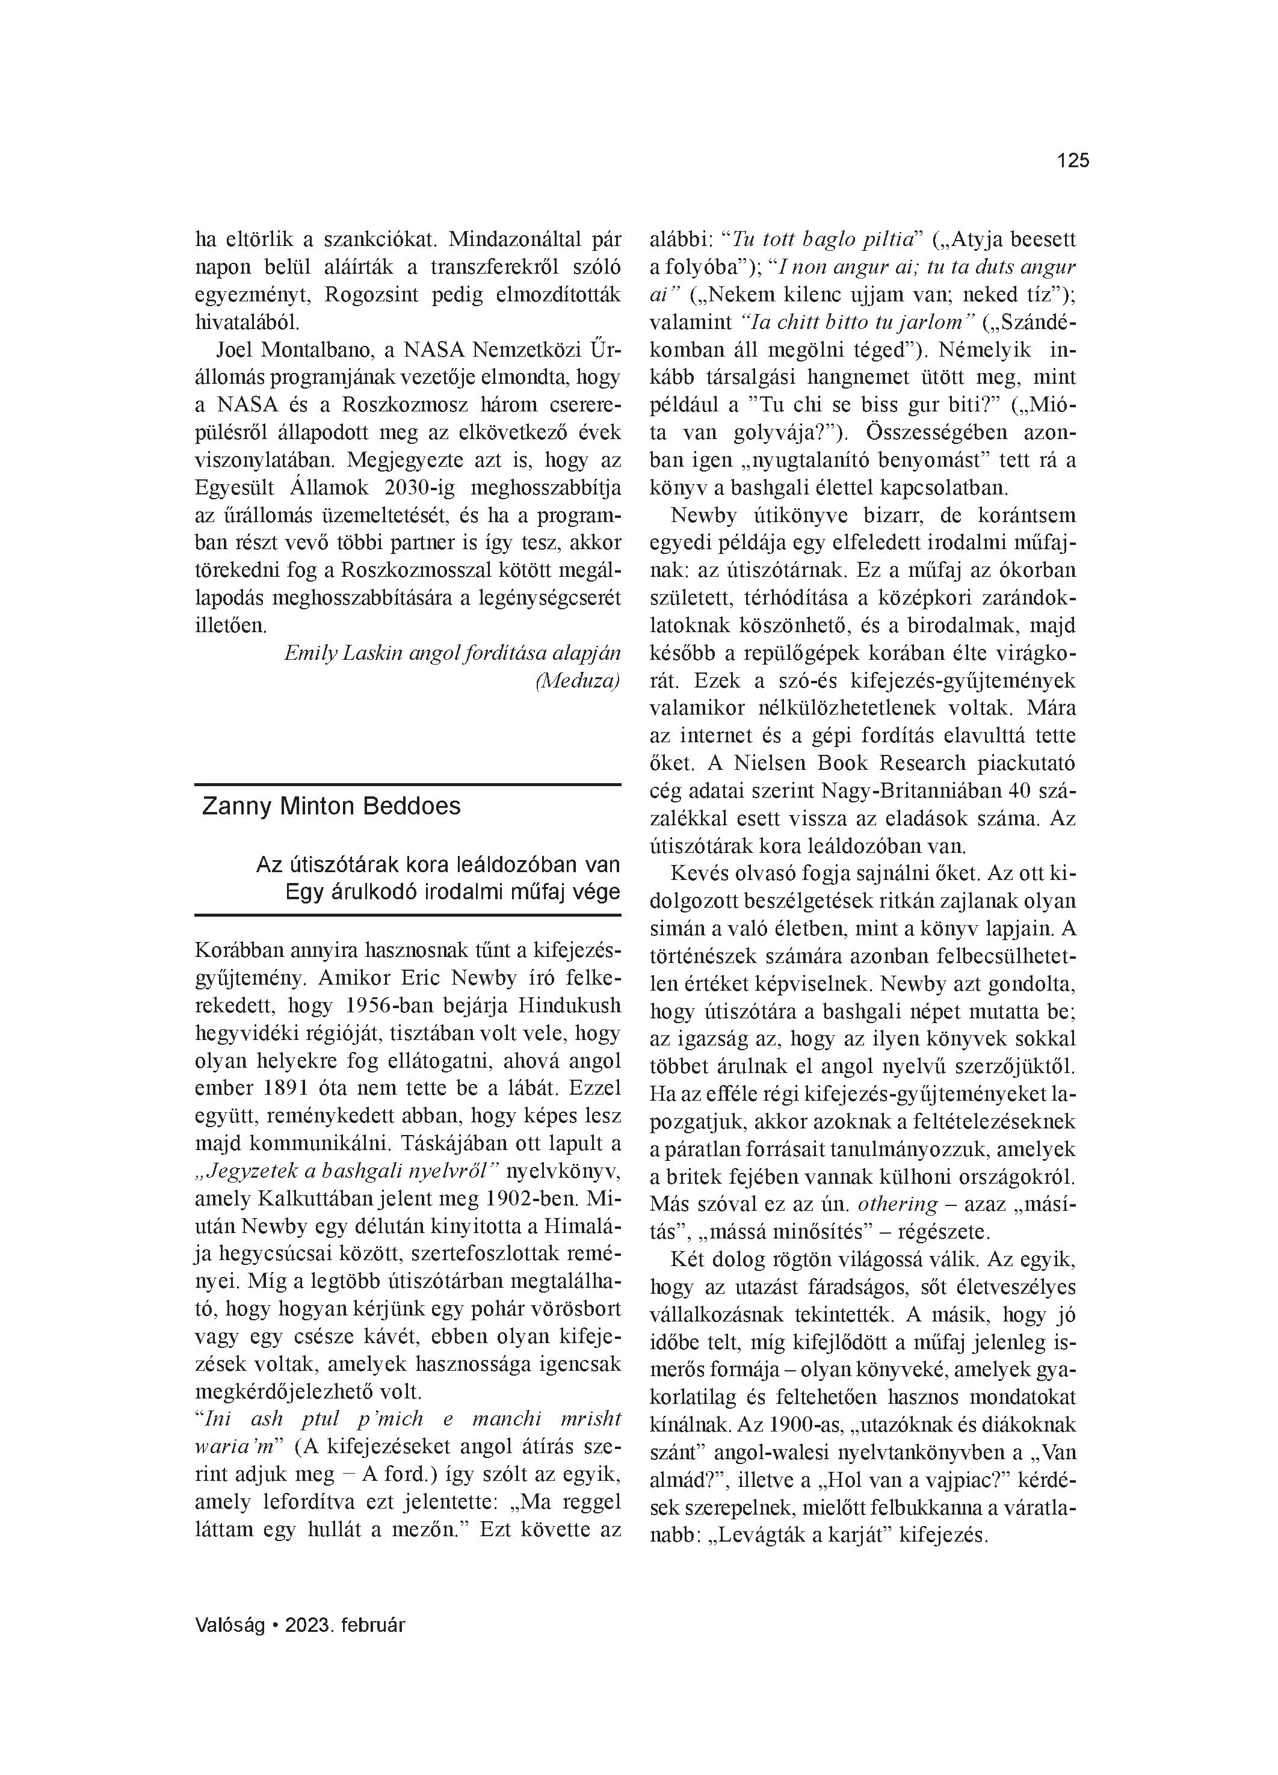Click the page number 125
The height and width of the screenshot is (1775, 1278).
(1073, 161)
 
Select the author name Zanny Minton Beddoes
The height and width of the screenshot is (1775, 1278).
(332, 807)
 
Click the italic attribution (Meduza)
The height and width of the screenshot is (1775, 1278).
(577, 681)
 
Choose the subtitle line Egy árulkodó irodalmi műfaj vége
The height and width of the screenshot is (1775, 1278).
(452, 892)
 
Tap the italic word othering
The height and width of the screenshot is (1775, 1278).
(897, 1204)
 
